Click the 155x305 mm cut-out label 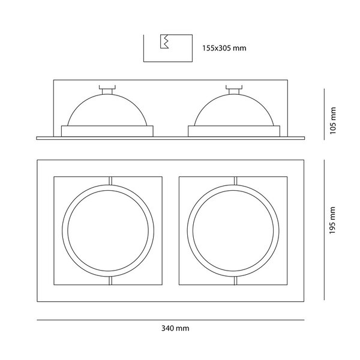click(224, 48)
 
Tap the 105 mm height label click(332, 121)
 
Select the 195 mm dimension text click(332, 220)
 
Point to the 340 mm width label click(175, 328)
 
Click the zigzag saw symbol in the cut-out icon click(164, 41)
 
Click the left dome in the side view click(107, 110)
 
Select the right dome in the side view click(234, 110)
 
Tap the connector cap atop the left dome click(107, 89)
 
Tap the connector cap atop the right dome click(234, 89)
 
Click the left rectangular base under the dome click(107, 131)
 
